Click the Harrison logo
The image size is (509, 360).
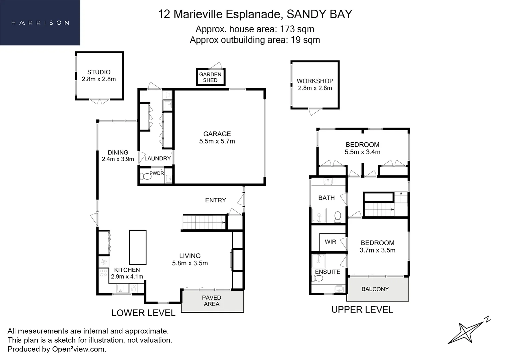[x=40, y=23]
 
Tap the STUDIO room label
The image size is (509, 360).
[x=99, y=72]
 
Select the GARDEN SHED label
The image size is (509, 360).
[x=210, y=77]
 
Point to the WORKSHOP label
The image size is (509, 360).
[x=315, y=81]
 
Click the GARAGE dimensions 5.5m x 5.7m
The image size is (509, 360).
[x=217, y=141]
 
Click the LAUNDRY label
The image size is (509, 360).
[x=157, y=159]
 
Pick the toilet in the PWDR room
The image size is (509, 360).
[x=145, y=176]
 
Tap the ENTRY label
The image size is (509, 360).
[x=215, y=200]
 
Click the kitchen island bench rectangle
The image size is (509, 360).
[x=138, y=247]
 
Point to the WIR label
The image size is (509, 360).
[x=330, y=242]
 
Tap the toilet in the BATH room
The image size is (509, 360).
[x=338, y=217]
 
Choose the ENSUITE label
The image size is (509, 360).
[x=328, y=272]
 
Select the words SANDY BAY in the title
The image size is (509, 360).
[x=320, y=14]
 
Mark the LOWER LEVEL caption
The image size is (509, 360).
[x=143, y=313]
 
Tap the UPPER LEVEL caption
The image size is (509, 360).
[x=362, y=310]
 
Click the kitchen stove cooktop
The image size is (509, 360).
[x=103, y=273]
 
